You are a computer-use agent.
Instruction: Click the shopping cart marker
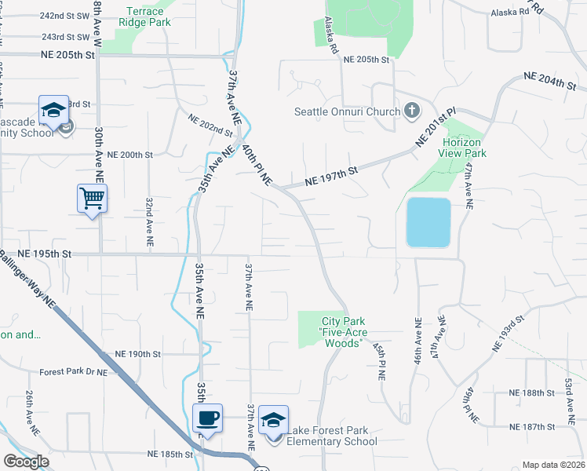[93, 199]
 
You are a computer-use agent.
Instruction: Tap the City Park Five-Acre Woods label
[345, 327]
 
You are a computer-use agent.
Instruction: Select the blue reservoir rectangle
[428, 222]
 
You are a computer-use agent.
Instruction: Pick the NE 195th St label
[44, 254]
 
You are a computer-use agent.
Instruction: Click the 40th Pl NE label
[257, 163]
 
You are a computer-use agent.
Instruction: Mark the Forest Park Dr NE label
[72, 371]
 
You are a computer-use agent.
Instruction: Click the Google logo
[26, 462]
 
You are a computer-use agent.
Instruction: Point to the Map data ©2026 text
[554, 465]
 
